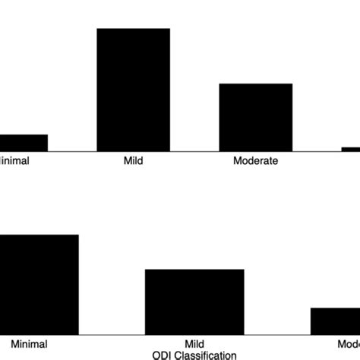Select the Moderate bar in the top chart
[256, 118]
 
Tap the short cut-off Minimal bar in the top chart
[23, 143]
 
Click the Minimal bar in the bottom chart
[38, 284]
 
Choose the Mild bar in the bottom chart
[194, 302]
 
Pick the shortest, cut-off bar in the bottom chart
[335, 321]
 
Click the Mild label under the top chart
[133, 161]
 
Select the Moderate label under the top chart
[256, 161]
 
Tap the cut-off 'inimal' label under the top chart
[14, 161]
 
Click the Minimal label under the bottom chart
[30, 344]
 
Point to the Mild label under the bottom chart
[194, 344]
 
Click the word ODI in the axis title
[162, 355]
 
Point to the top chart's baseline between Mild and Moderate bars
[194, 151]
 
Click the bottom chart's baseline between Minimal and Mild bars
[112, 334]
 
